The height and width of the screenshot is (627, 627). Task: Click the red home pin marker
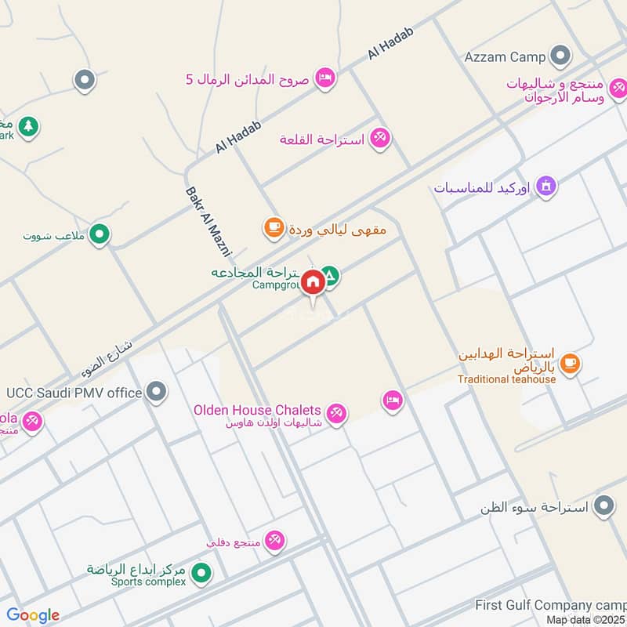pyautogui.click(x=313, y=282)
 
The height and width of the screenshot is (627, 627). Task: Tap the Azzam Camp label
pyautogui.click(x=505, y=57)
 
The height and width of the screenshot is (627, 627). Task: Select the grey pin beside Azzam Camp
pyautogui.click(x=560, y=56)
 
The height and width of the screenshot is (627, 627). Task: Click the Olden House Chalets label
pyautogui.click(x=258, y=410)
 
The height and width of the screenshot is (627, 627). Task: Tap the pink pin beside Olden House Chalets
pyautogui.click(x=336, y=413)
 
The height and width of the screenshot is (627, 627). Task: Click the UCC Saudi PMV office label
pyautogui.click(x=74, y=392)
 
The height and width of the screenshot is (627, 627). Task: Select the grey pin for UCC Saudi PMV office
pyautogui.click(x=158, y=390)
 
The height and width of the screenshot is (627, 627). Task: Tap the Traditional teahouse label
pyautogui.click(x=507, y=379)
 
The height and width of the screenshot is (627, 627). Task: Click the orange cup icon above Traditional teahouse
pyautogui.click(x=570, y=363)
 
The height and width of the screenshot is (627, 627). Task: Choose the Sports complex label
pyautogui.click(x=138, y=582)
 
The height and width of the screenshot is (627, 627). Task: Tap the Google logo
pyautogui.click(x=33, y=615)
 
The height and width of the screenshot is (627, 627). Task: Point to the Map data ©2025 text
pyautogui.click(x=585, y=620)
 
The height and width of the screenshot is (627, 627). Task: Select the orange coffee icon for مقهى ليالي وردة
pyautogui.click(x=273, y=228)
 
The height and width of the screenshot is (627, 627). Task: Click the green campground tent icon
pyautogui.click(x=330, y=275)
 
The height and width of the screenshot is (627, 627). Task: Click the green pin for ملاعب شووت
pyautogui.click(x=100, y=233)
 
